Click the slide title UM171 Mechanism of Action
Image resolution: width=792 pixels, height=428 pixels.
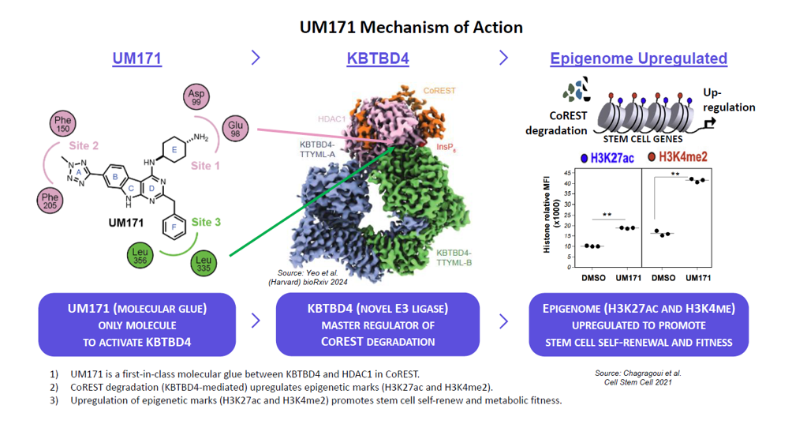coord(411,27)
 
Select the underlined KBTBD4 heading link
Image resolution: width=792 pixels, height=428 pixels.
coord(377,58)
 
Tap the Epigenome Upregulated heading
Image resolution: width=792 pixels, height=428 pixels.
coord(638,58)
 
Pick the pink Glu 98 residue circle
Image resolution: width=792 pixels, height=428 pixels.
coord(235,128)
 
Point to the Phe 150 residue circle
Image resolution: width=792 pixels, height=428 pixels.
coord(63,124)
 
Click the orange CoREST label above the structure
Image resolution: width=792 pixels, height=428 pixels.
coord(439,91)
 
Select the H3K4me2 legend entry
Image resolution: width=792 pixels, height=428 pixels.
coord(677,157)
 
